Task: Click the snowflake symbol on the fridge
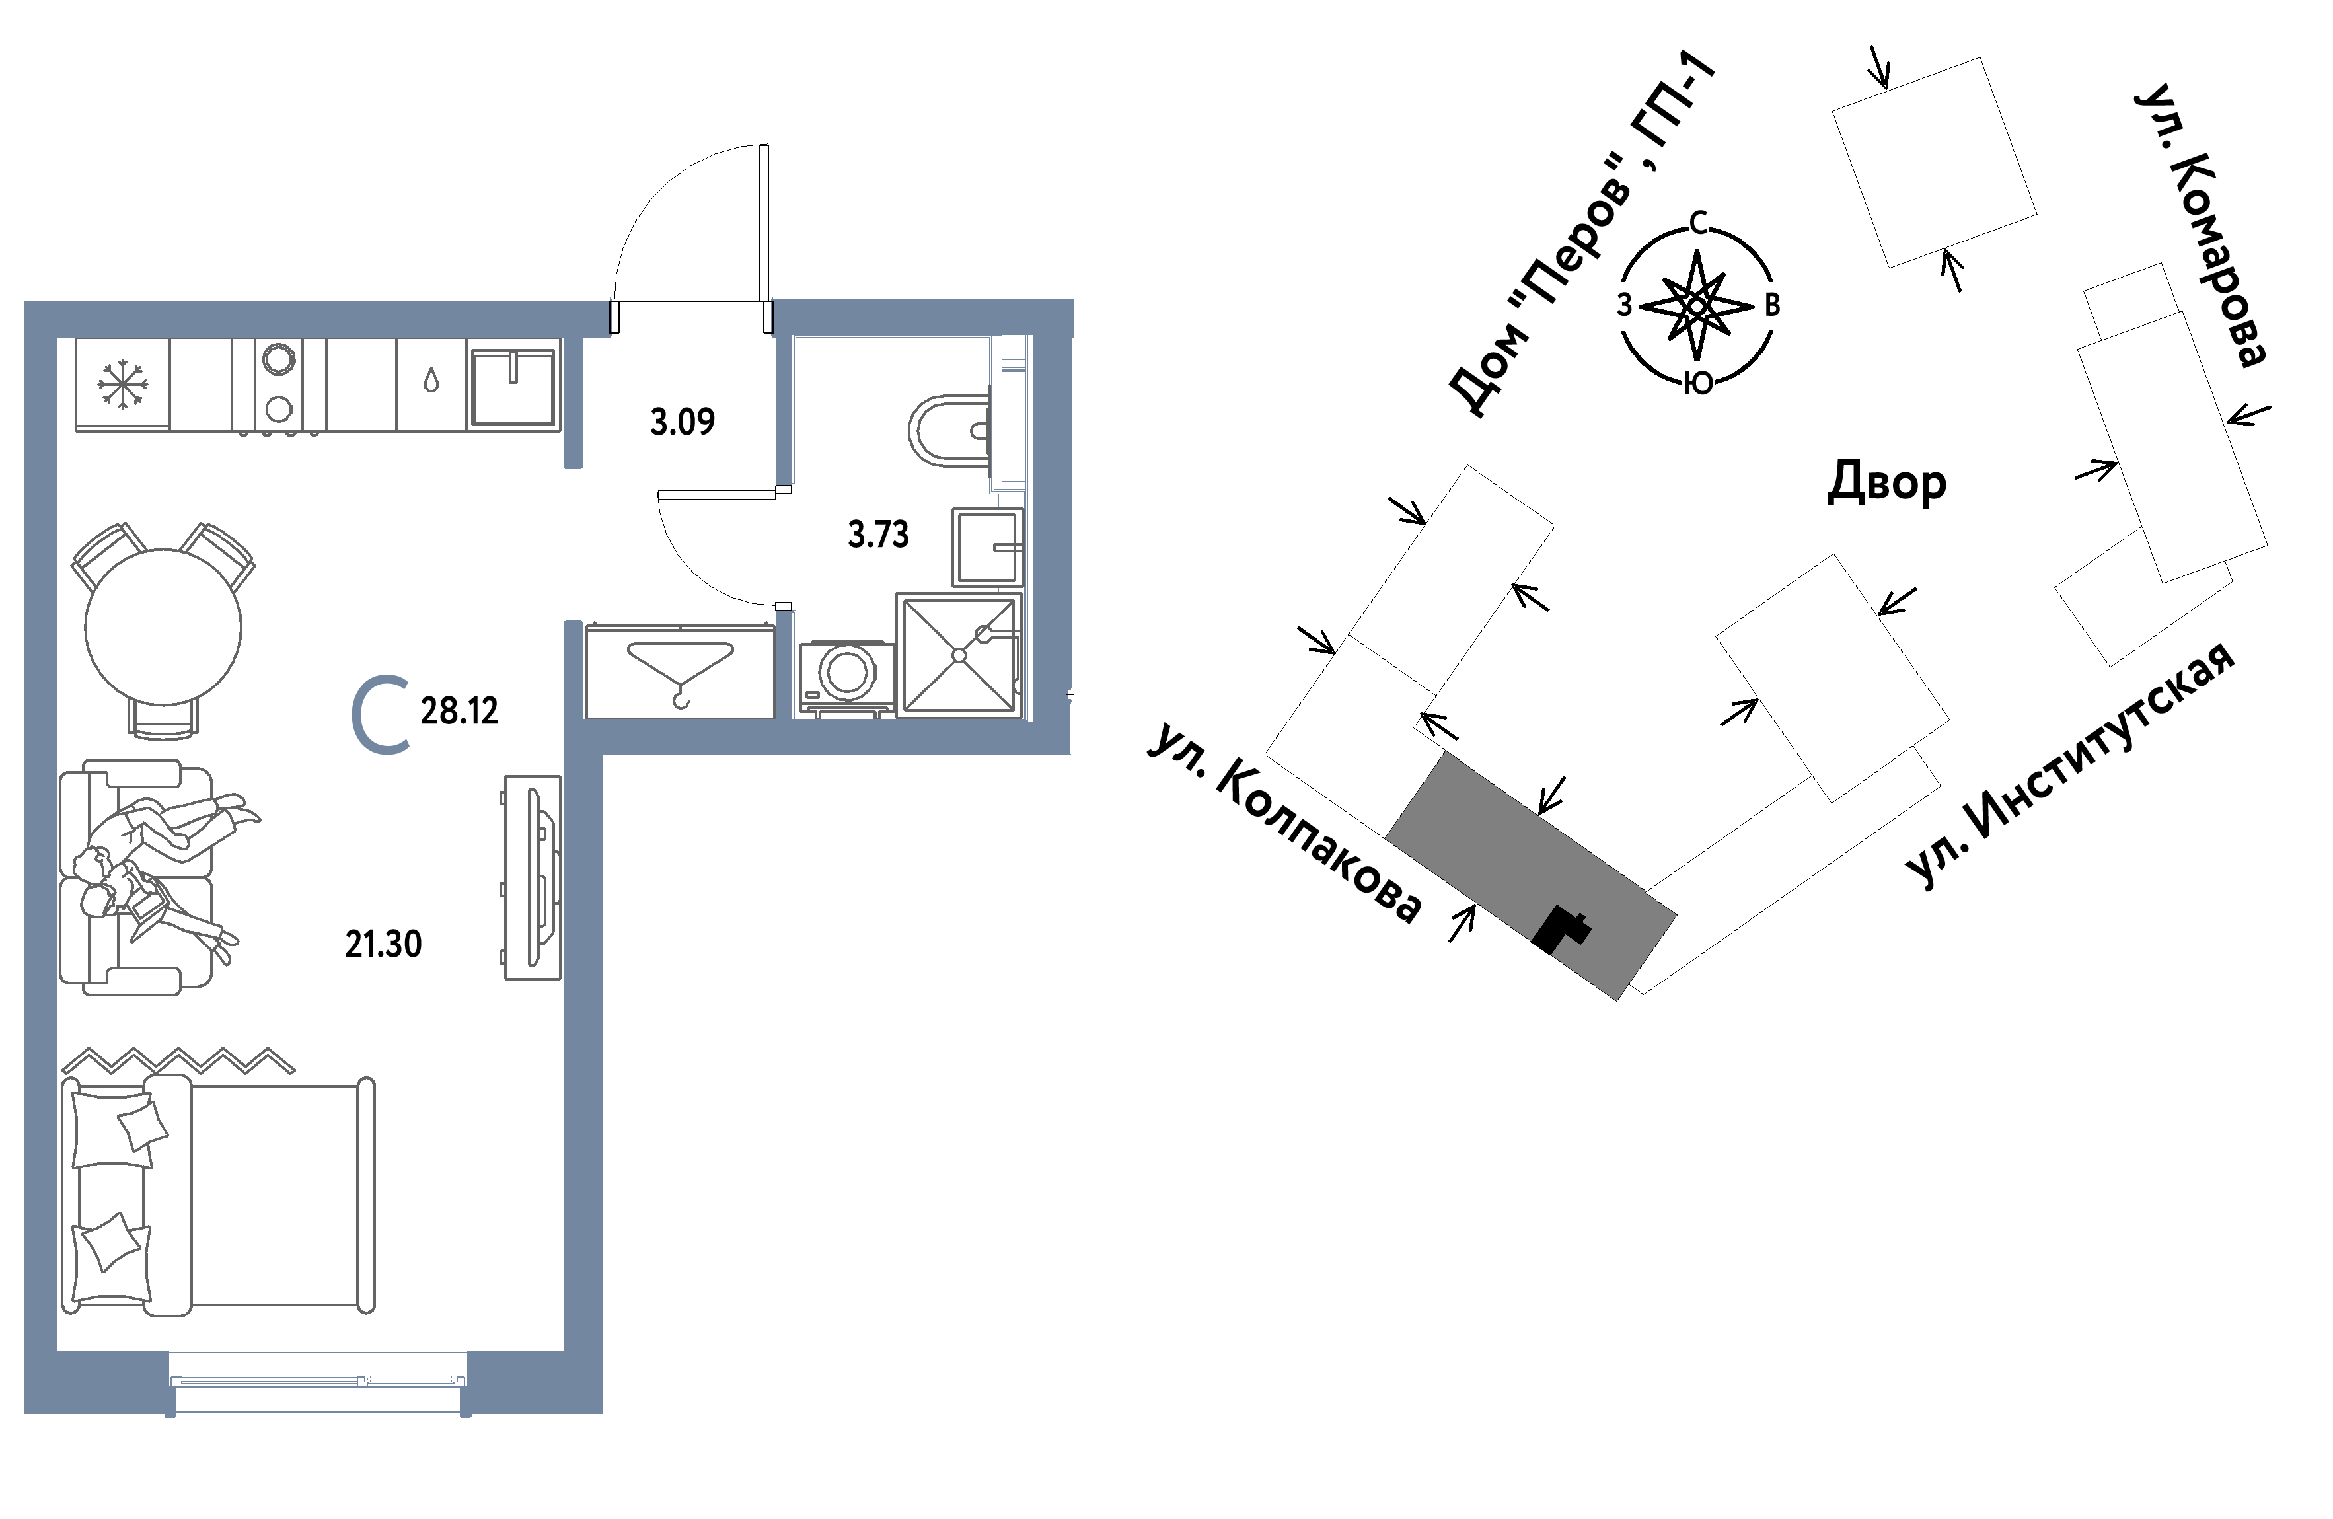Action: [122, 383]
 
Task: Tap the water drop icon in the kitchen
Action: [431, 380]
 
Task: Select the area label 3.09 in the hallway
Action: [683, 422]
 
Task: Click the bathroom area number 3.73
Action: [878, 535]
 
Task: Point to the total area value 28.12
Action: [460, 710]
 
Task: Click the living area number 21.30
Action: [383, 944]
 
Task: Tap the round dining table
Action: [163, 627]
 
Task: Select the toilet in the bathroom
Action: [949, 430]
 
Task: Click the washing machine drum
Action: [847, 672]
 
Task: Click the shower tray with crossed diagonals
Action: [959, 655]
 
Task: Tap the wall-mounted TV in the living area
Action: [537, 877]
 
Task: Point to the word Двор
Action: [1887, 483]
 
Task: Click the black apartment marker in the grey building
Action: [1561, 929]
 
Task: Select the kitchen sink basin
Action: [513, 387]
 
